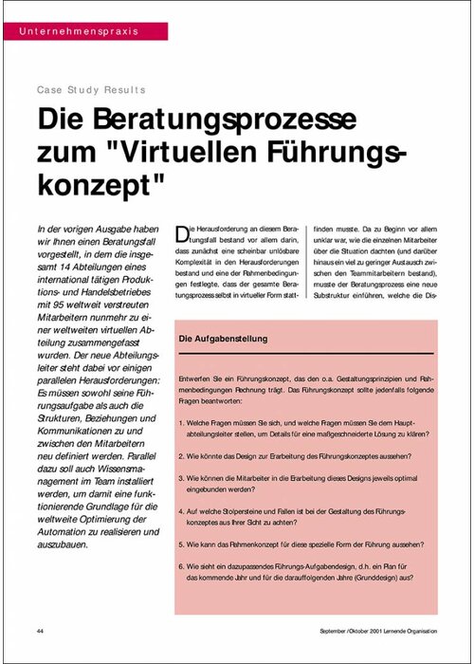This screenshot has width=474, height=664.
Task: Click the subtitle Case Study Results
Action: [x=92, y=90]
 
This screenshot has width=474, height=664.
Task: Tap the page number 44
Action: [x=41, y=631]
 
